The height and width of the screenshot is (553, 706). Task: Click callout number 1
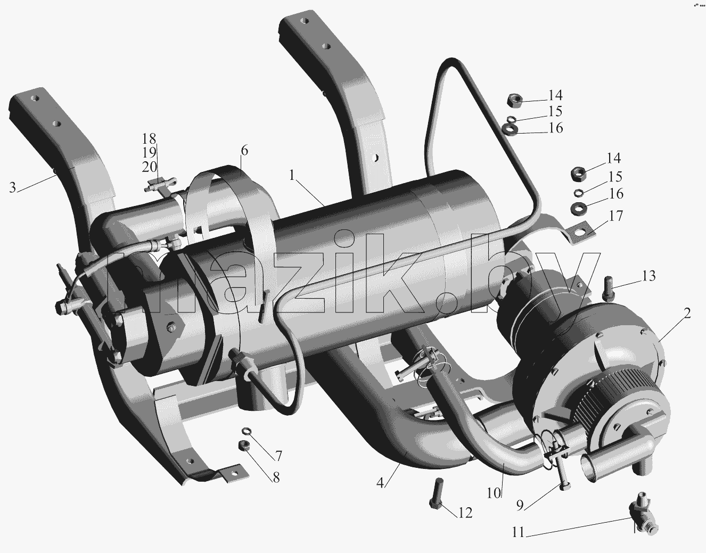(292, 176)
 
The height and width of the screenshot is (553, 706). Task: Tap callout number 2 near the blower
(687, 313)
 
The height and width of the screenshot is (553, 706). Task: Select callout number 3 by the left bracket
(12, 188)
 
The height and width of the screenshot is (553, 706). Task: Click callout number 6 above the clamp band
(244, 151)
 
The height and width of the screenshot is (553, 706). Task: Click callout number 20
(149, 167)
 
